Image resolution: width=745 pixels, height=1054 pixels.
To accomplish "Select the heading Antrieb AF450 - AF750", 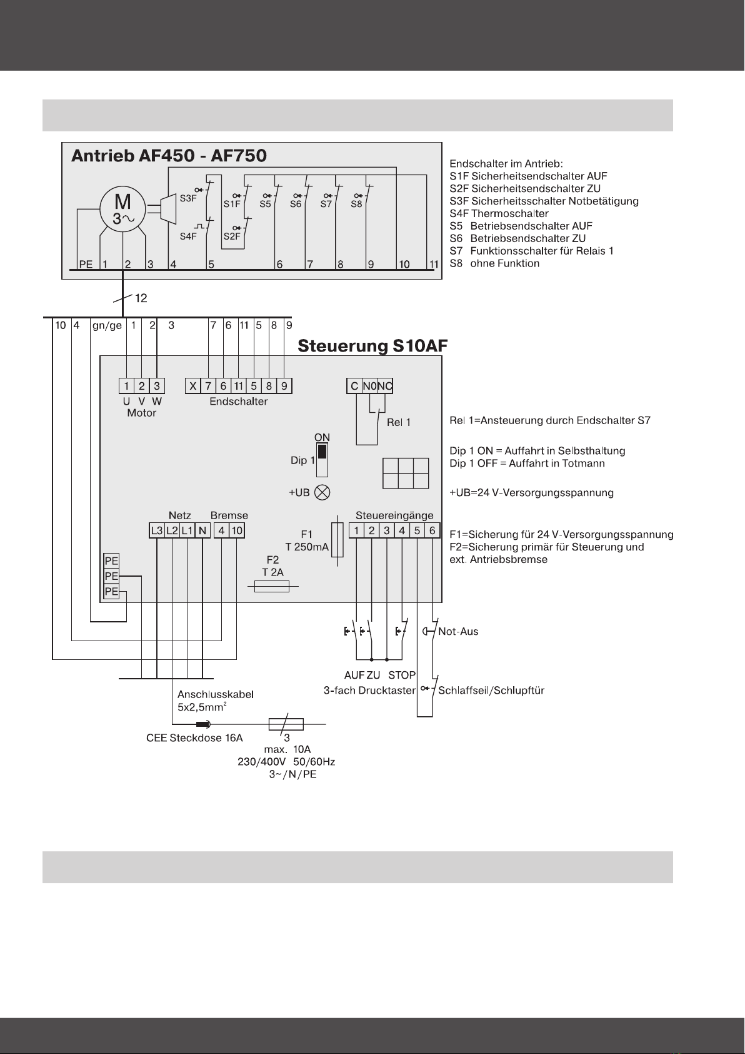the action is click(x=169, y=156).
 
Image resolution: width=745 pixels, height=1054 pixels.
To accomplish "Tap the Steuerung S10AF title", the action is click(x=372, y=346).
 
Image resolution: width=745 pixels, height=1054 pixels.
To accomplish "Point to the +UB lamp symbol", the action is click(x=322, y=493).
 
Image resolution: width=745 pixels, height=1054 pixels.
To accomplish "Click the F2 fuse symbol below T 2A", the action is click(x=272, y=586).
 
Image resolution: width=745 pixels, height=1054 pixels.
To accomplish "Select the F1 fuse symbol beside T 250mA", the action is click(x=337, y=540).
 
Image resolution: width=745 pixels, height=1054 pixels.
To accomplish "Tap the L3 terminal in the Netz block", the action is click(x=156, y=531).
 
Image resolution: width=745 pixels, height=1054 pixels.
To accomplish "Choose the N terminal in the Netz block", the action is click(x=202, y=531).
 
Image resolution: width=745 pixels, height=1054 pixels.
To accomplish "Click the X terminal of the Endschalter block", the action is click(x=192, y=387).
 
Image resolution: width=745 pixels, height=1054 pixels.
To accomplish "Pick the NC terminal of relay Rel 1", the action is click(x=385, y=387).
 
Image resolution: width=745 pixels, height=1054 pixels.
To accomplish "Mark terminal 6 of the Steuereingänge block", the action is click(x=432, y=531).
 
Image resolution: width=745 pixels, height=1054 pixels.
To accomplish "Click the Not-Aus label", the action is click(x=458, y=631).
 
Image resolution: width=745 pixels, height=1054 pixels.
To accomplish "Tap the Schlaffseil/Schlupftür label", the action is click(x=491, y=691).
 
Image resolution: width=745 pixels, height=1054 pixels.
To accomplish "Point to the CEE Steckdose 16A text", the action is click(x=194, y=738).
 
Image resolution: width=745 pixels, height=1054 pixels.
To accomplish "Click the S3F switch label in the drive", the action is click(x=188, y=198).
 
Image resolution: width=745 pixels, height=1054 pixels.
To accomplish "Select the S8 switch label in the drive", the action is click(x=356, y=204).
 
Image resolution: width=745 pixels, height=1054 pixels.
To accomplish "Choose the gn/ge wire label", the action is click(x=107, y=326).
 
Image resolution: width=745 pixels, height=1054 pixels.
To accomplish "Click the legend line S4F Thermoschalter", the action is click(x=499, y=213).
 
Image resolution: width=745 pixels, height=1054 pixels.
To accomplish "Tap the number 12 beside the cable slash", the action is click(x=141, y=298).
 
